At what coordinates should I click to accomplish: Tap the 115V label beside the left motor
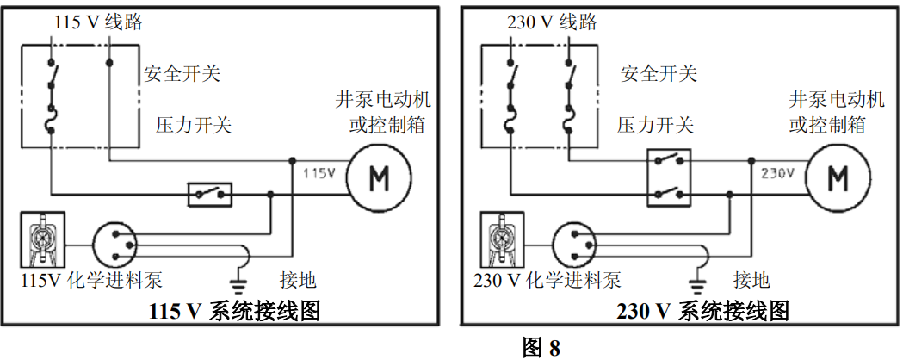pos(318,173)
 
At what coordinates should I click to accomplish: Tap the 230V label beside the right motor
pos(776,173)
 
